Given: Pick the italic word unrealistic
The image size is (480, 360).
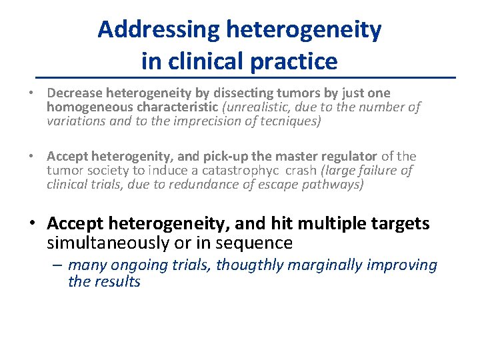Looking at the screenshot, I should coord(255,107).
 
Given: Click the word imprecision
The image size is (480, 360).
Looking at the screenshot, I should coord(199,121).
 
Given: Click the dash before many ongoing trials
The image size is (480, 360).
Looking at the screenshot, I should coord(58,265).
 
